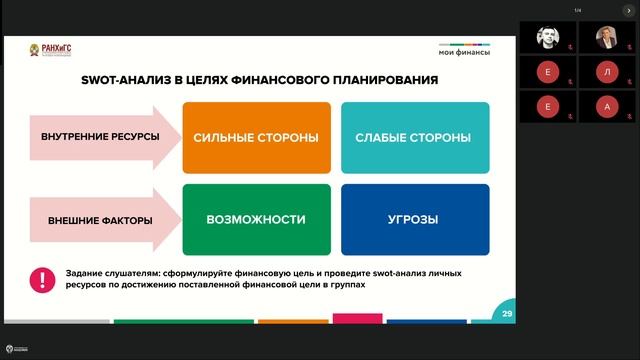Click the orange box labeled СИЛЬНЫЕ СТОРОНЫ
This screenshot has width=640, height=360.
click(x=256, y=137)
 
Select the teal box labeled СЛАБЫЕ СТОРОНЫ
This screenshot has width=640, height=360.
click(x=414, y=137)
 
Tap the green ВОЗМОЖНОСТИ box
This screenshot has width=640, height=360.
click(x=256, y=219)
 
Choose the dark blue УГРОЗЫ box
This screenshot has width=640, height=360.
click(x=414, y=219)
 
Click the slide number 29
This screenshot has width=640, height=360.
click(x=508, y=315)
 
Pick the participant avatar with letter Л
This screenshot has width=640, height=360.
click(x=607, y=72)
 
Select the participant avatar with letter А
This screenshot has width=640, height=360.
click(x=607, y=106)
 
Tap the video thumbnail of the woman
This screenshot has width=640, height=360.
click(x=607, y=37)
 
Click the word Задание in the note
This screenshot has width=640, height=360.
click(x=85, y=273)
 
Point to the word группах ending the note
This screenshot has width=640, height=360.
click(x=343, y=285)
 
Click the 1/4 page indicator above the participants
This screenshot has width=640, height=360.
click(x=578, y=10)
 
